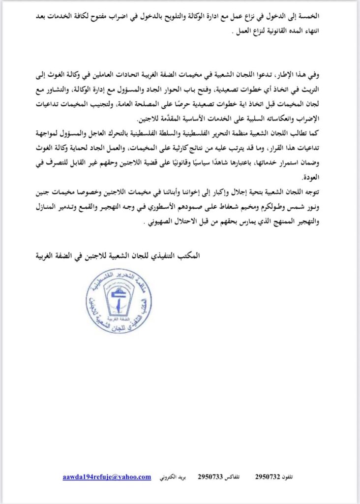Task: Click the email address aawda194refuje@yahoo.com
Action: [107, 477]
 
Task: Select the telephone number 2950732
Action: [269, 477]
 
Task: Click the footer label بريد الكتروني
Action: [173, 477]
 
